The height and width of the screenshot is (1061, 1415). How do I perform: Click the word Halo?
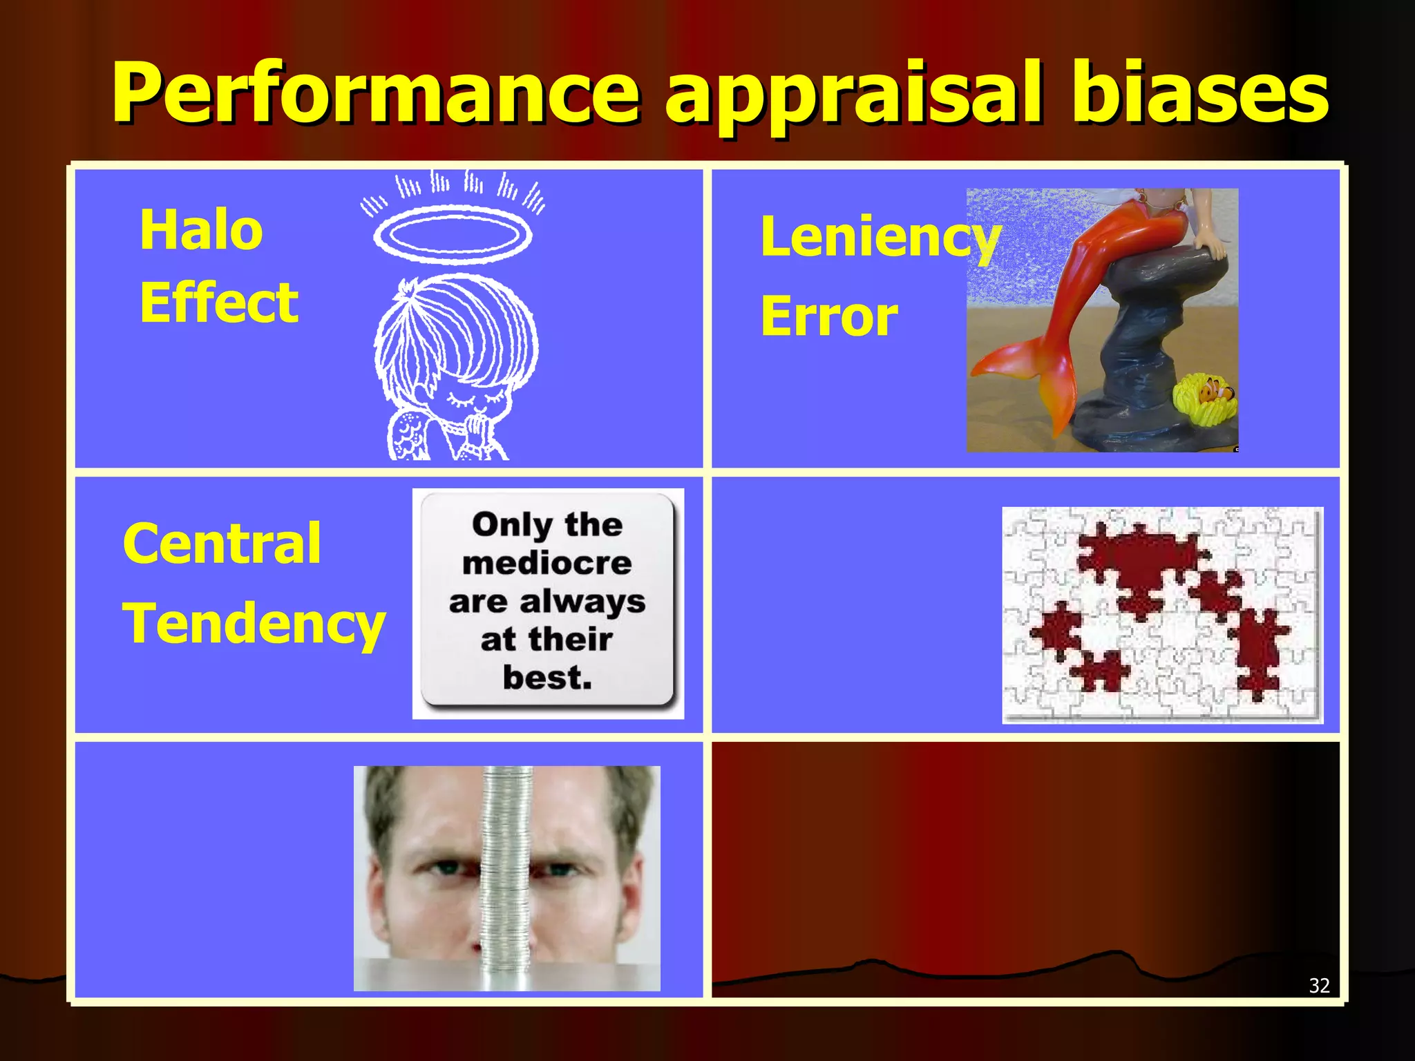point(201,230)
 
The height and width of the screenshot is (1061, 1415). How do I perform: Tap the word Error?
point(829,317)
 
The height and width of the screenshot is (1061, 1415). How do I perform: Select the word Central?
point(222,544)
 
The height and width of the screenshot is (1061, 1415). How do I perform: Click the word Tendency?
point(254,624)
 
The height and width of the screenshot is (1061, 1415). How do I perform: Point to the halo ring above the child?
point(453,235)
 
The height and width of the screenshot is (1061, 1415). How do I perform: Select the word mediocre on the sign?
point(547,563)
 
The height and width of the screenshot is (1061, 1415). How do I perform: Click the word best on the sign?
point(547,678)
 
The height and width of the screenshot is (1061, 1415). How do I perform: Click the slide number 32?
point(1319,985)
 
